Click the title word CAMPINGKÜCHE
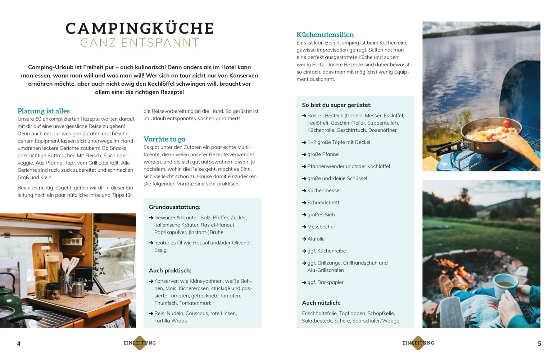point(140,28)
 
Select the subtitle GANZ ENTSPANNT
point(140,43)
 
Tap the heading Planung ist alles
point(44,111)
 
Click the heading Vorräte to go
point(164,139)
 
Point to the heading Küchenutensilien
point(325,35)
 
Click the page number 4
point(19,343)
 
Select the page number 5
point(539,343)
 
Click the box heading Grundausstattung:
point(174,207)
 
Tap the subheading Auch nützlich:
point(321,303)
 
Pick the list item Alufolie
point(316,239)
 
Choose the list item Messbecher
point(321,226)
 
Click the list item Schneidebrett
point(323,202)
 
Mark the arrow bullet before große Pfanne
point(304,154)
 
